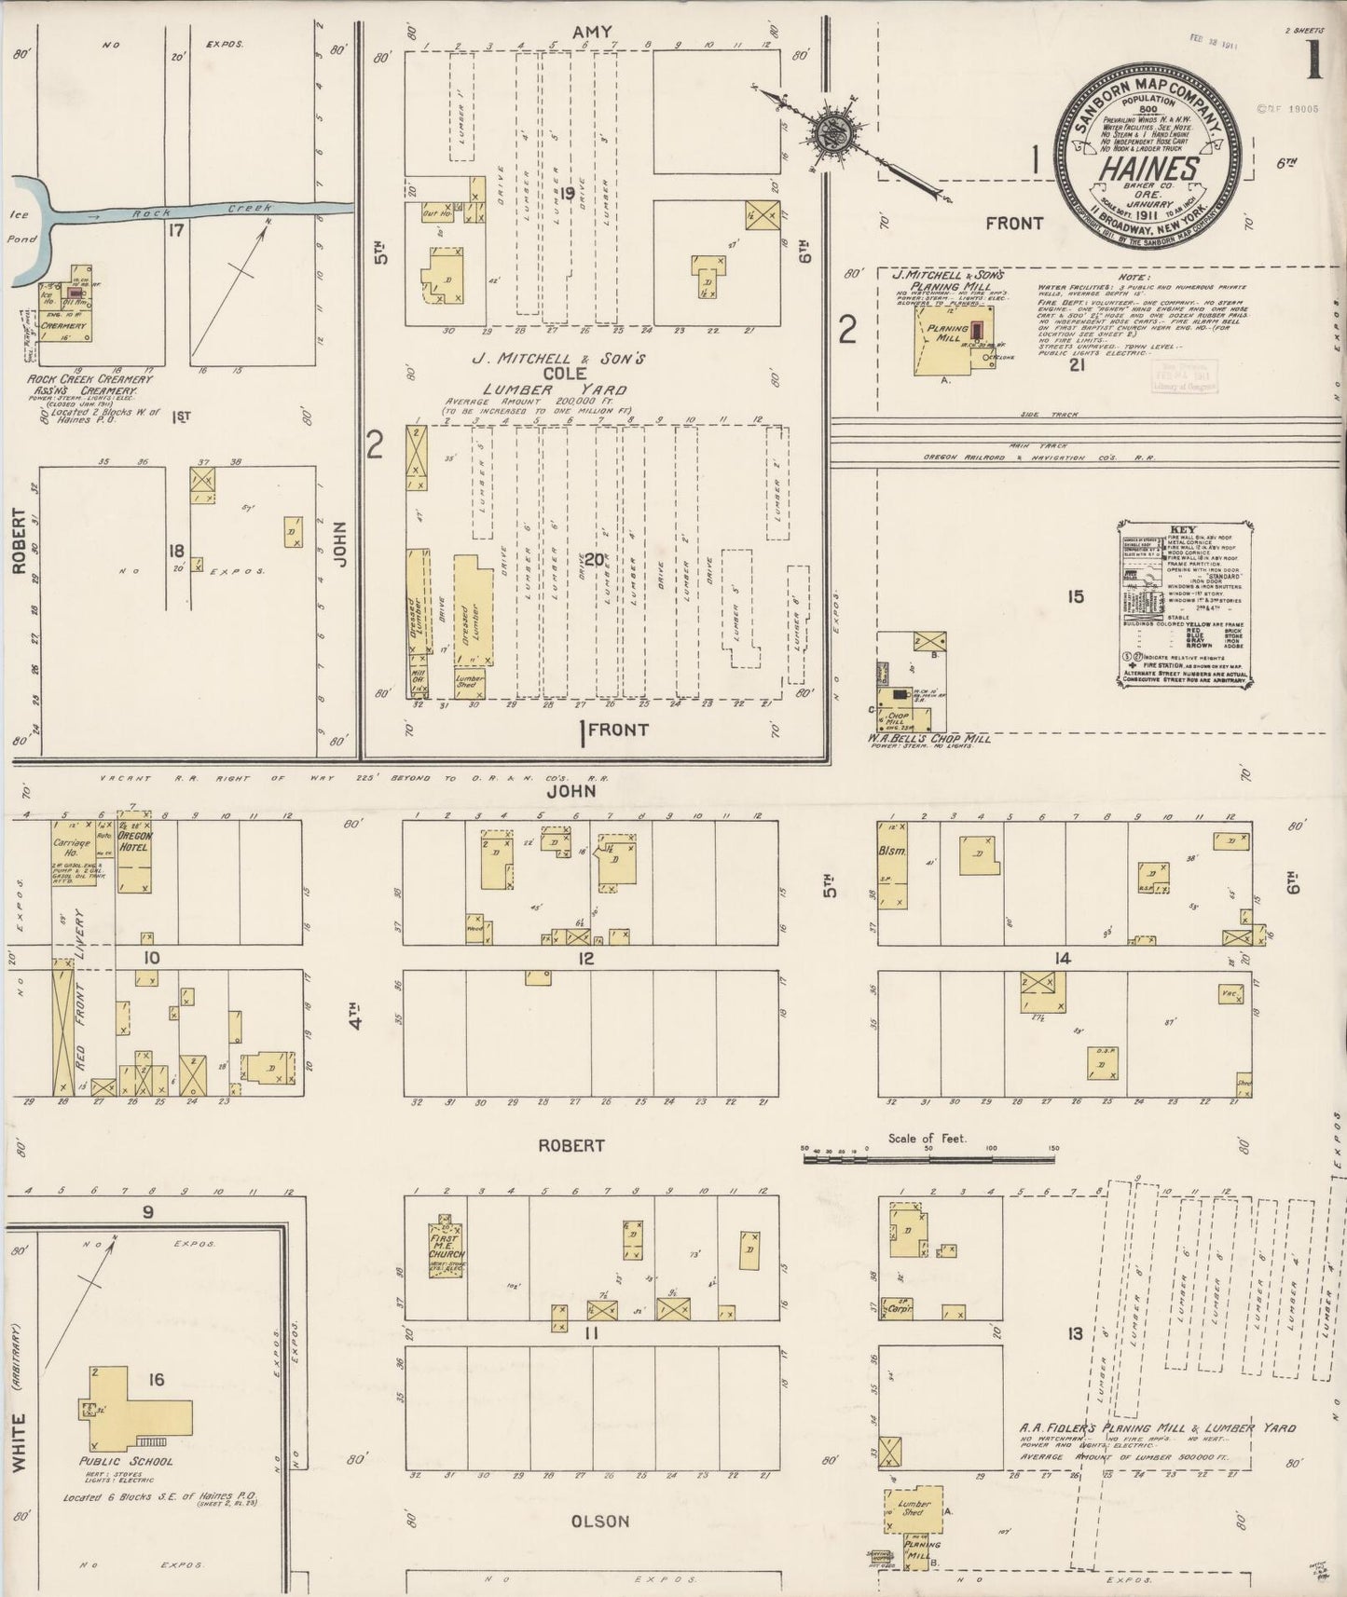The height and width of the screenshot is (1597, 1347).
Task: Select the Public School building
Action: click(140, 1397)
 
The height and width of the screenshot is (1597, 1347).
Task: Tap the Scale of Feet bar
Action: click(928, 1159)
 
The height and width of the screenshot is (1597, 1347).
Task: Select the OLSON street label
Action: click(601, 1521)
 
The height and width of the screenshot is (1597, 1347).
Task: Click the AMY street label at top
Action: click(594, 33)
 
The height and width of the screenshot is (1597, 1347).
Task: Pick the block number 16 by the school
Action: click(156, 1379)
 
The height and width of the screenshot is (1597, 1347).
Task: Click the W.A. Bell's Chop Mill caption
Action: click(929, 738)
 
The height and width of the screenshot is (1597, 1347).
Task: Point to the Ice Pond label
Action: click(21, 226)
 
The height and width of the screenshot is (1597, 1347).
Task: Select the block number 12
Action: click(586, 958)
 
